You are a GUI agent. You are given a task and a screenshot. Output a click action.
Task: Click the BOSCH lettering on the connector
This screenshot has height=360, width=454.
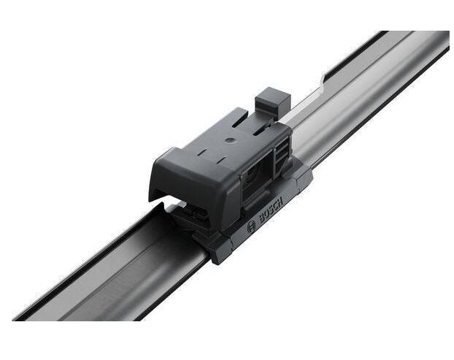point(271,210)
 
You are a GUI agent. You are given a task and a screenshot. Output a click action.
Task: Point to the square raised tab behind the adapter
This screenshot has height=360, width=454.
point(272,102)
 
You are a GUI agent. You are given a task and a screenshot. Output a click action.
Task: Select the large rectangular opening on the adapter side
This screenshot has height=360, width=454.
point(258,175)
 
